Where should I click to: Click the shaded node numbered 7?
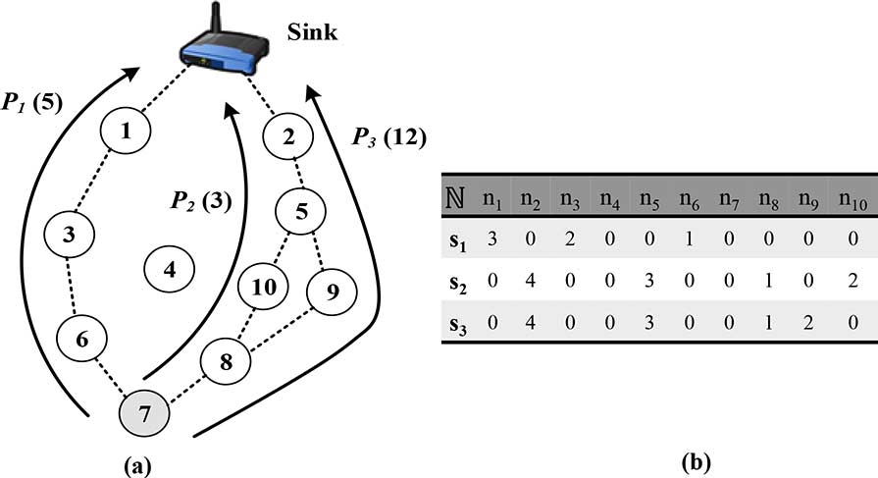click(x=144, y=412)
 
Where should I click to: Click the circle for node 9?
click(x=333, y=290)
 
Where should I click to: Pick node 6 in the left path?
click(x=82, y=339)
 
